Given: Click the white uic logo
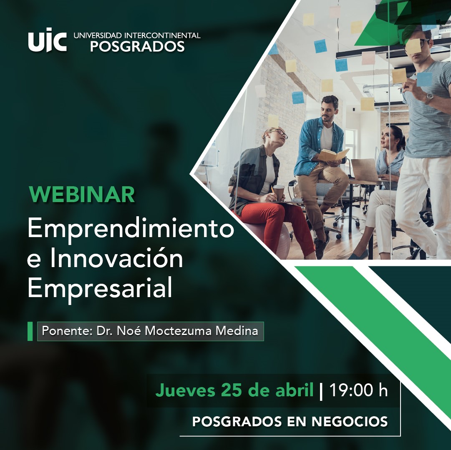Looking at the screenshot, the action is tap(48, 40).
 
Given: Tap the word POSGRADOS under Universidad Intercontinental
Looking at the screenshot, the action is tap(138, 47).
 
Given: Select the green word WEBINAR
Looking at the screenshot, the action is tap(82, 195).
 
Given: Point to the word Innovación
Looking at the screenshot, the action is tap(116, 258).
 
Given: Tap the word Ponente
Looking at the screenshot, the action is tap(66, 331).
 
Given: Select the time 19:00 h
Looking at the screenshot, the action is tap(358, 390).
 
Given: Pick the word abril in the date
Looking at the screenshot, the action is tap(295, 390).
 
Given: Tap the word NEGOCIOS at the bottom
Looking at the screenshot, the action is tap(350, 421).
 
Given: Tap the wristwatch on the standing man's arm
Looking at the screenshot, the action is tap(429, 98).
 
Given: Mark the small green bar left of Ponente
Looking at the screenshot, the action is tap(30, 331).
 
